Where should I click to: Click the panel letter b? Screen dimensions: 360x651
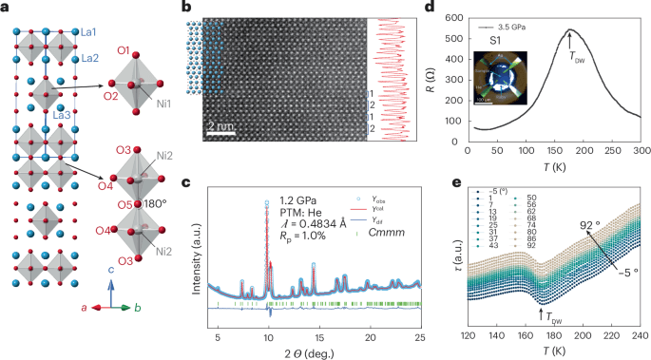coord(212,8)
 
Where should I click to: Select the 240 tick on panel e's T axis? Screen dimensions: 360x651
coord(641,336)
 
